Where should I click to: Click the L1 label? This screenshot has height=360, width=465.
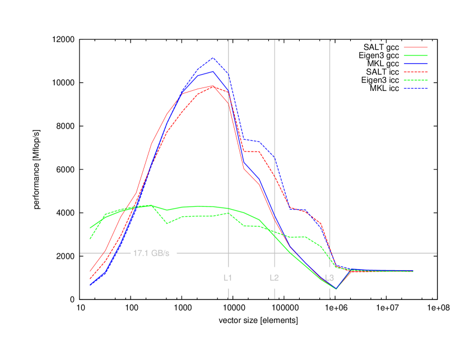(228, 278)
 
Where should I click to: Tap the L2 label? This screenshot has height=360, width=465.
(274, 278)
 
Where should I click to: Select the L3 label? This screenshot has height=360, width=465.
(329, 278)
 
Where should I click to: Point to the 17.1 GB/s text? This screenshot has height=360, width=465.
(151, 253)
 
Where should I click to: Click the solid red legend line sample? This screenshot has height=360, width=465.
(416, 47)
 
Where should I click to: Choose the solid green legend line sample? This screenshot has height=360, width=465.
(416, 56)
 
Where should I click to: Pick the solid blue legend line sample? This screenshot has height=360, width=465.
(416, 64)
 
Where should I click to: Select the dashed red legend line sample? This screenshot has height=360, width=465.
(416, 72)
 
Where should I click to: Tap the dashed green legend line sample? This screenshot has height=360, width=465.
(416, 80)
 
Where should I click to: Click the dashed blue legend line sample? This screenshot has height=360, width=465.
(416, 88)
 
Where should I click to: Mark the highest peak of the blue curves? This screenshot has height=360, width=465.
(213, 58)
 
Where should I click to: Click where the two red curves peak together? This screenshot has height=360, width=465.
(213, 86)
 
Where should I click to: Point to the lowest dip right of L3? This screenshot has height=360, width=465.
(336, 289)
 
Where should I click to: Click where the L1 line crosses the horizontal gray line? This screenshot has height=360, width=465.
(229, 253)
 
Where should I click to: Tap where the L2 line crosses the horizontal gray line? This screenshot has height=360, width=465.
(275, 253)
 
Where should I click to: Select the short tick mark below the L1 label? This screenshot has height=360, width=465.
(229, 293)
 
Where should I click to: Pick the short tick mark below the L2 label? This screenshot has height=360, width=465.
(275, 293)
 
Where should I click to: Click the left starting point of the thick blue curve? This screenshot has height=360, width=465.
(90, 285)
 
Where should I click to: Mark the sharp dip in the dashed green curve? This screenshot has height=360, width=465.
(168, 223)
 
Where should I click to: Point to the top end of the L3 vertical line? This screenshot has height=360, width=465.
(330, 40)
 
